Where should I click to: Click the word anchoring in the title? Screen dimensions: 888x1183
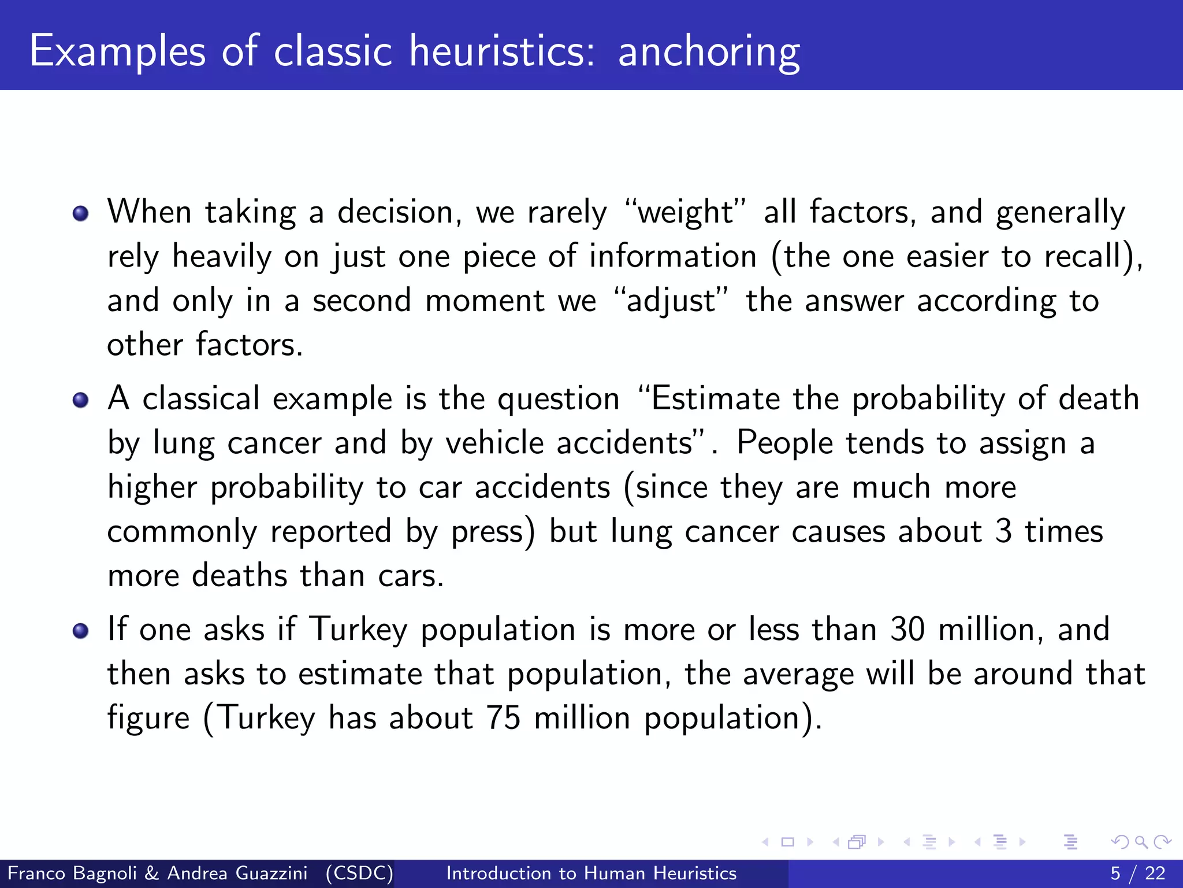pos(709,52)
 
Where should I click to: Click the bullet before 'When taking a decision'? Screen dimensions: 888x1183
pos(81,213)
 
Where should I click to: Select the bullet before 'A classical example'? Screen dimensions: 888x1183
pos(81,400)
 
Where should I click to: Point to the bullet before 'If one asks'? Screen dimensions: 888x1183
pos(81,631)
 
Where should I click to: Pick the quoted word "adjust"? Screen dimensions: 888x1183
pos(671,301)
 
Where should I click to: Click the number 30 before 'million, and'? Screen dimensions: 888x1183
pos(907,629)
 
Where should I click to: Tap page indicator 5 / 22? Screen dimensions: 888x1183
pos(1137,873)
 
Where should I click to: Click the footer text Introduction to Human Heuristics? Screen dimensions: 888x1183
pos(591,873)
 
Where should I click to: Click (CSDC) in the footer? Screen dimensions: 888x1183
pos(359,873)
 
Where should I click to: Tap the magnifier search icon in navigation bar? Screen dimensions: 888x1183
pos(1141,842)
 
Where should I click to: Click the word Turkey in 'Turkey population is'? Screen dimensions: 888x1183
pos(358,629)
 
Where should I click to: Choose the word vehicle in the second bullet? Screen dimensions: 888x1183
pos(494,443)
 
